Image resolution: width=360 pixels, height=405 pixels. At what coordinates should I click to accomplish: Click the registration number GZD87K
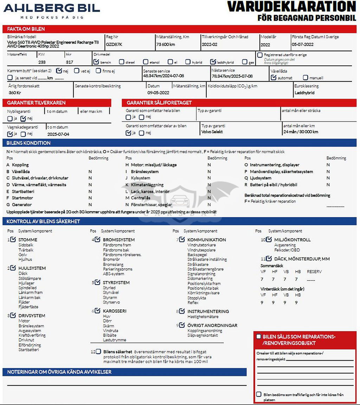click(x=114, y=45)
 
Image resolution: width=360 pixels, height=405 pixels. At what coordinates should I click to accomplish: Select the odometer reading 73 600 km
click(x=166, y=45)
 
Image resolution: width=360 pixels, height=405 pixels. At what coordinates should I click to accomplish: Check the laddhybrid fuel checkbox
click(x=213, y=62)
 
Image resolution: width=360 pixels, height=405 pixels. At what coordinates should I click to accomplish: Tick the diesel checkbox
click(x=122, y=62)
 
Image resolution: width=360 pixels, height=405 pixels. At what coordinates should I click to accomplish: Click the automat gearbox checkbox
click(x=274, y=77)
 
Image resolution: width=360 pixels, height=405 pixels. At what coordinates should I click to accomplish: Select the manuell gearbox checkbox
click(x=306, y=77)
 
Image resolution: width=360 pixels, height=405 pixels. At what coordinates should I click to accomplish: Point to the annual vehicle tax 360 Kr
click(x=15, y=93)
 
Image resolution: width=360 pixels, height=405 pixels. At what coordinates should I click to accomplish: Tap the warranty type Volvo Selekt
click(x=212, y=132)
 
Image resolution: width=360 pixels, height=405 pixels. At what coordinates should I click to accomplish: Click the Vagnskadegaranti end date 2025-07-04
click(x=58, y=134)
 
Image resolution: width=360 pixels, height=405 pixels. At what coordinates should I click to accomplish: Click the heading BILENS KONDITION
click(x=28, y=143)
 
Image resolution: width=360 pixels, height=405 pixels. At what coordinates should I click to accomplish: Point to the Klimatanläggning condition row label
click(x=147, y=185)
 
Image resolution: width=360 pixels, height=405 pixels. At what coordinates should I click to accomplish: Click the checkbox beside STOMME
click(x=13, y=239)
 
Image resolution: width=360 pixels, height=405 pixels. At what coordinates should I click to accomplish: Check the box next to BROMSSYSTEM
click(x=98, y=239)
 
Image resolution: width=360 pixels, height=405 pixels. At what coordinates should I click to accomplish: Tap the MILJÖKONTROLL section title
click(x=292, y=240)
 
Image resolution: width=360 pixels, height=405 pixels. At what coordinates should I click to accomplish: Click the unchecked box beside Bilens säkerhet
click(x=98, y=352)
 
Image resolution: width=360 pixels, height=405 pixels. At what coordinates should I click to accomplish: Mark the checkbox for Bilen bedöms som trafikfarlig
click(x=259, y=394)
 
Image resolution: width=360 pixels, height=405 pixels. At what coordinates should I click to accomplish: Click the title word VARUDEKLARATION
click(x=292, y=7)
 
